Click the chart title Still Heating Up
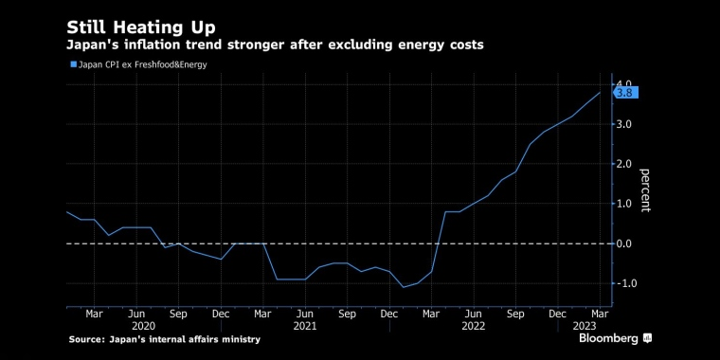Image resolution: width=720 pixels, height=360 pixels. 141,28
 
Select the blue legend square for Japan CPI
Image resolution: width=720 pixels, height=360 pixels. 73,64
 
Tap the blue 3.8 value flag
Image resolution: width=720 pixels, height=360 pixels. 626,93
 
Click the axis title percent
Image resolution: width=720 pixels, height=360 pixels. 645,190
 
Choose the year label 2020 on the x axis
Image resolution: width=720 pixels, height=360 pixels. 143,326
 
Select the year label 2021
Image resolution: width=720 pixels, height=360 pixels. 305,326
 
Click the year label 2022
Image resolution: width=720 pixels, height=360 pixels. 474,326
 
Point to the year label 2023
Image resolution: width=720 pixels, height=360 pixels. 585,326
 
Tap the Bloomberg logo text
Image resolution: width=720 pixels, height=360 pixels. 608,339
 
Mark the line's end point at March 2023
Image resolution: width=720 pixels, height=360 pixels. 600,92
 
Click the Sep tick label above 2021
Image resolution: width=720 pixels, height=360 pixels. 347,315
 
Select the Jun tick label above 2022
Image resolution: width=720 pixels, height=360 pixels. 474,315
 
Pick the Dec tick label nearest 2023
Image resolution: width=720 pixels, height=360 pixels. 557,315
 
